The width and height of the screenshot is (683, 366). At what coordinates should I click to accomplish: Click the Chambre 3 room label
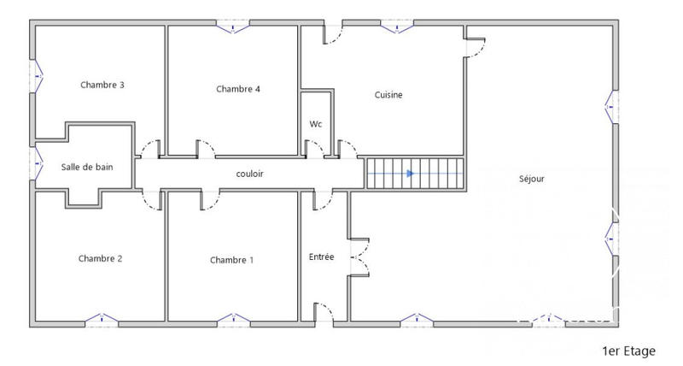(102, 85)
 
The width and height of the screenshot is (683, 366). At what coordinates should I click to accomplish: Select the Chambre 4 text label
(237, 89)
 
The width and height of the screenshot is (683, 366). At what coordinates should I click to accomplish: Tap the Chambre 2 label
(101, 258)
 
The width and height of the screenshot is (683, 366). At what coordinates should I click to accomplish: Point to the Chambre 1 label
(231, 260)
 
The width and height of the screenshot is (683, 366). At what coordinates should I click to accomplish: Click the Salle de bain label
(86, 168)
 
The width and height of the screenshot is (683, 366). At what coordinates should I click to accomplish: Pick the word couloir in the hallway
(249, 174)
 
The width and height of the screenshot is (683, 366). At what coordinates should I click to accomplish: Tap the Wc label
(315, 124)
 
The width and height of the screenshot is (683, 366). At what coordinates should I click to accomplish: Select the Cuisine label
(388, 95)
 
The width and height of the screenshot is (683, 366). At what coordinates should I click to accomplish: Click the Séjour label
(531, 179)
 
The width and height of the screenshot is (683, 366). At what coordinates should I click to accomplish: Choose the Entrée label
(321, 257)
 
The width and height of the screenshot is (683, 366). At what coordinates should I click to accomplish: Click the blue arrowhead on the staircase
(411, 174)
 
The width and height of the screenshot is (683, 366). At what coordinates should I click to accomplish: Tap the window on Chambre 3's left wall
(36, 76)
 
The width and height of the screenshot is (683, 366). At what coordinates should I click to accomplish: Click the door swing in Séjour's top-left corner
(476, 43)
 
